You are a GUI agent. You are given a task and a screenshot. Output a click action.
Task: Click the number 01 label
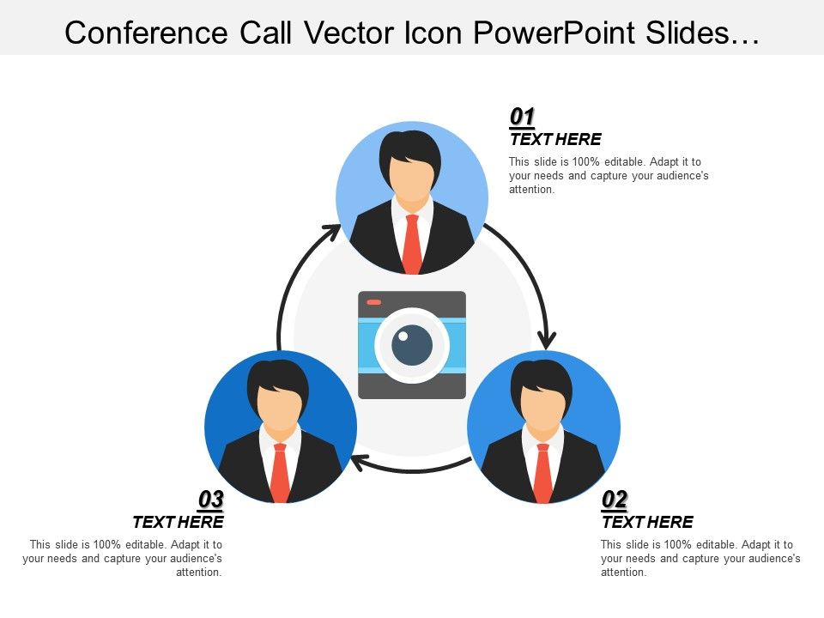(523, 117)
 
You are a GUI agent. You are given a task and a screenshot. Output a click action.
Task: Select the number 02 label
(615, 500)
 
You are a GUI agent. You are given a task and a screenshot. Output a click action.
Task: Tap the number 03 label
(211, 500)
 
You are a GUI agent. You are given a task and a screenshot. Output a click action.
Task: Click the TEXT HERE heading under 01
(555, 140)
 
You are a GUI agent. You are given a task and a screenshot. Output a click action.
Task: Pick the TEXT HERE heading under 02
(647, 522)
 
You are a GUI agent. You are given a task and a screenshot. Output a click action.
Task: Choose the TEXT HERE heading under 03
(178, 522)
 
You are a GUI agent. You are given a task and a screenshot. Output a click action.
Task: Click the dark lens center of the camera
(412, 345)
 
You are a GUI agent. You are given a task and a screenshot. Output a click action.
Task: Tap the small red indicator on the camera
(374, 302)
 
